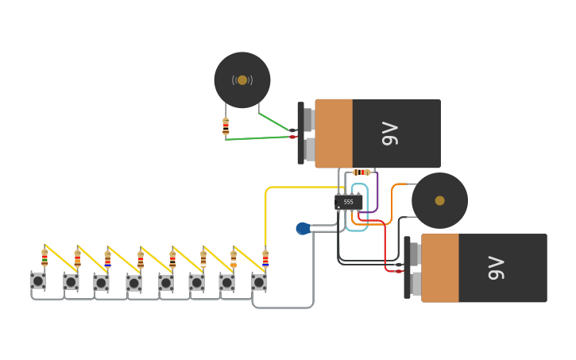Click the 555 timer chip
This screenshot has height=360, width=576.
pos(348,202)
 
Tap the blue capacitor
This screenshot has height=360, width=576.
pos(303,228)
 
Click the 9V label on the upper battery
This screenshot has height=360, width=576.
pos(389,134)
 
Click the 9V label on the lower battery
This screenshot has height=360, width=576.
pos(496,268)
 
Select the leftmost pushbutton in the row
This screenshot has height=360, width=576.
pos(37,281)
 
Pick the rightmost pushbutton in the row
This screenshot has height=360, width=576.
pos(258,281)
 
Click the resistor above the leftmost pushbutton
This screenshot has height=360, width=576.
pos(44,257)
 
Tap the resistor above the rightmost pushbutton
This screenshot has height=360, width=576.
pos(265,258)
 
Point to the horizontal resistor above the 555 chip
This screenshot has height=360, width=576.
pos(361,172)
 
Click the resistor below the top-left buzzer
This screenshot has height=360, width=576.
pos(226,126)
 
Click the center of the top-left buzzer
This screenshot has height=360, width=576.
pos(242,80)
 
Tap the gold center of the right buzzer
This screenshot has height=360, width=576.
pos(439,200)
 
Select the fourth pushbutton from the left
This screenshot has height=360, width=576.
pos(133,282)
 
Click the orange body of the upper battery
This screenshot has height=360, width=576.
pos(334,134)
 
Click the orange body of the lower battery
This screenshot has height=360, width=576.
pos(440,268)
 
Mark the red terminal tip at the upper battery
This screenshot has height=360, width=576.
pos(292,137)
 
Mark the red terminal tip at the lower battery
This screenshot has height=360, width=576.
pos(399,271)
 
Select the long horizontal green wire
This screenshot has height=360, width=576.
pos(258,138)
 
